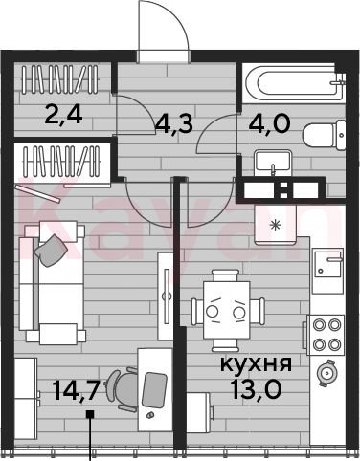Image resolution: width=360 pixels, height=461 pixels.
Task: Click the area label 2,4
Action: pos(64,115)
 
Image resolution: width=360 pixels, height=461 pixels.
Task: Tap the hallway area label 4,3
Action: pos(174,123)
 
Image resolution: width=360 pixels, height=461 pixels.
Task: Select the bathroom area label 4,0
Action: pos(270,123)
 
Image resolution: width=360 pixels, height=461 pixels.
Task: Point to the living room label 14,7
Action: pos(74,390)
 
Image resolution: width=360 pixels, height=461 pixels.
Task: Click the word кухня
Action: pos(257,364)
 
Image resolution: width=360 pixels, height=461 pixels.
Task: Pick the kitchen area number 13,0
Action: pos(257,389)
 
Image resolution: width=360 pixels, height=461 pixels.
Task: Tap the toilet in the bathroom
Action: pos(324,135)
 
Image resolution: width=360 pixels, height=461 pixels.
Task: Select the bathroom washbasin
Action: pos(273,162)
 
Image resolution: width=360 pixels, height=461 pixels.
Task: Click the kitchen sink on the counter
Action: pos(328,263)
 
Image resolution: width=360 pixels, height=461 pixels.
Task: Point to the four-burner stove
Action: pos(326,335)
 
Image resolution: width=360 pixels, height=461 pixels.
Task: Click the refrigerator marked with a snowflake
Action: pos(275,225)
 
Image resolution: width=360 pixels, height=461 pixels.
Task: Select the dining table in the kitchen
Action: pos(227,310)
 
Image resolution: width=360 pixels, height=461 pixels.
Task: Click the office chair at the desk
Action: pos(123,389)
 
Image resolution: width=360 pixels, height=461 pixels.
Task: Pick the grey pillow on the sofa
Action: pos(51,250)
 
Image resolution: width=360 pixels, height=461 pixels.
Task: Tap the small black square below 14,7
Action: pos(90,414)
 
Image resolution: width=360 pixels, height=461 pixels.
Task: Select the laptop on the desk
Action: pos(154,390)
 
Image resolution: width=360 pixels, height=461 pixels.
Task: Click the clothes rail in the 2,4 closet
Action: pos(60,79)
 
